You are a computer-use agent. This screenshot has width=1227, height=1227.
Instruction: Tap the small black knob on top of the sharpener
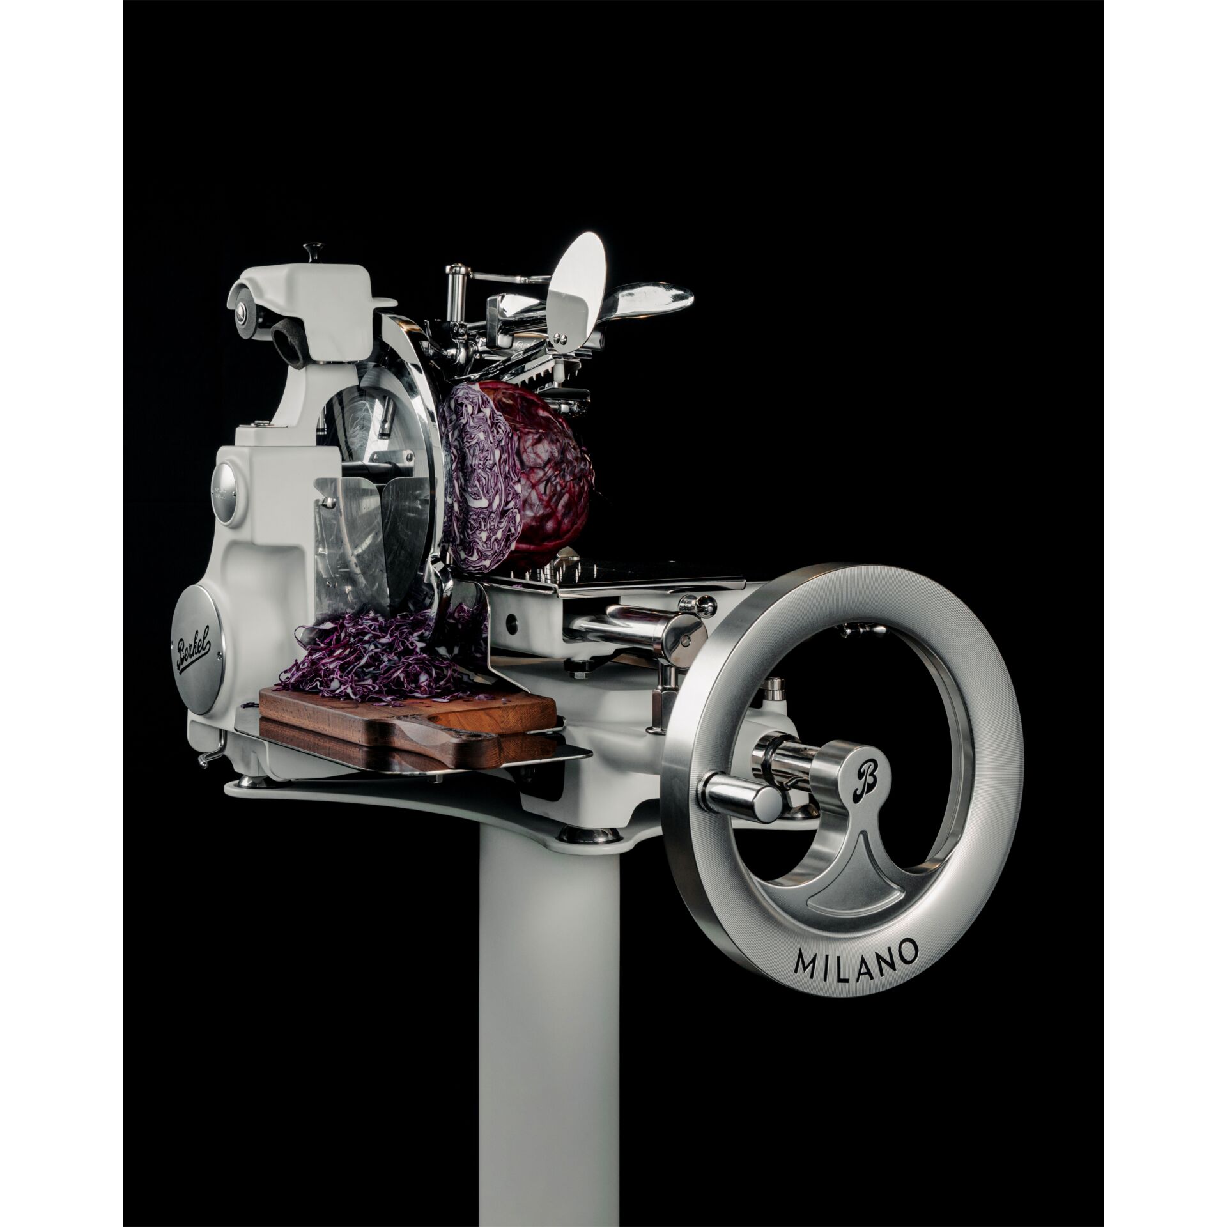(313, 248)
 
